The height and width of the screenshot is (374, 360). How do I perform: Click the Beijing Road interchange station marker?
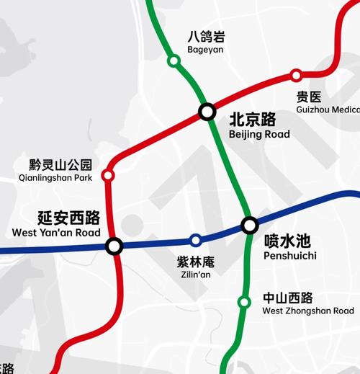click(x=207, y=112)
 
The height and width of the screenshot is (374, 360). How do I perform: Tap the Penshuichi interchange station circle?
click(x=249, y=226)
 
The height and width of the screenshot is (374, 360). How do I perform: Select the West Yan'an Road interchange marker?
click(x=114, y=246)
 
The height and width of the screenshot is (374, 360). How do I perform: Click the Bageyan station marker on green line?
click(x=174, y=61)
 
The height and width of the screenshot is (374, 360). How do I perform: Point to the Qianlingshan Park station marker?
click(x=108, y=175)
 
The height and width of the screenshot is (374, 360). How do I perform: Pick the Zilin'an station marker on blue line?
click(x=195, y=240)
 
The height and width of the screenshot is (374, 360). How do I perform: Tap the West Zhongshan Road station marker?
click(x=244, y=302)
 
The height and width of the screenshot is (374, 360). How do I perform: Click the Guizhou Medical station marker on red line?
click(x=296, y=76)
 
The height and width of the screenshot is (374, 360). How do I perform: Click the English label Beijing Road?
click(x=259, y=135)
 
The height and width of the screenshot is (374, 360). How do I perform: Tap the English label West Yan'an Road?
click(x=56, y=233)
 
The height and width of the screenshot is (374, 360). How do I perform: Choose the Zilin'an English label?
click(x=195, y=275)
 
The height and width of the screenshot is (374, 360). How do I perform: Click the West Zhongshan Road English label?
click(x=308, y=311)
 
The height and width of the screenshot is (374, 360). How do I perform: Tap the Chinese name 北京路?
click(x=253, y=120)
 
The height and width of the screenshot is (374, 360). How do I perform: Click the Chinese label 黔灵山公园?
click(x=61, y=164)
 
